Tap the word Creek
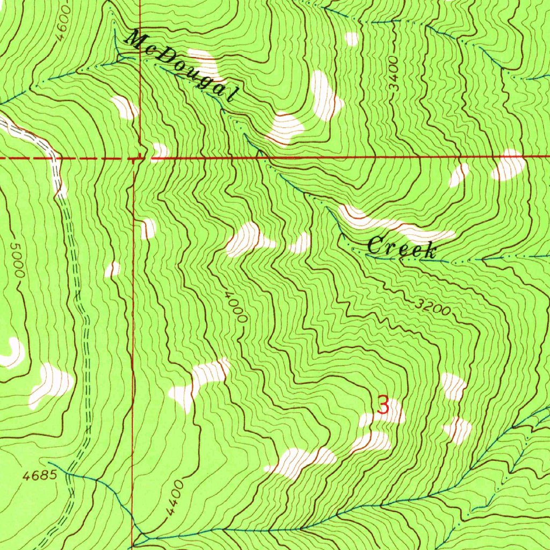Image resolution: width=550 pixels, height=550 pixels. [401, 248]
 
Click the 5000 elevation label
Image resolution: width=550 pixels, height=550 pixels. [17, 260]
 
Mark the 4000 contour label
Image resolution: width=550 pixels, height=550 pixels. [237, 307]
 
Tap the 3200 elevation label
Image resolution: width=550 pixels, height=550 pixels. [432, 307]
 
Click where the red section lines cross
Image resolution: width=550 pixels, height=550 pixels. [139, 158]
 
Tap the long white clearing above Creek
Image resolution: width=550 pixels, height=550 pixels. [397, 226]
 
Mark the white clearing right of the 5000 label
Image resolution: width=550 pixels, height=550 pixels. [51, 385]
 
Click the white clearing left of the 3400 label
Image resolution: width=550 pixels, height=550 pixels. [325, 96]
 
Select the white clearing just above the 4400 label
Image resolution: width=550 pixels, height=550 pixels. [301, 462]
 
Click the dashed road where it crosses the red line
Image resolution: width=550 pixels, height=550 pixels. [56, 159]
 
